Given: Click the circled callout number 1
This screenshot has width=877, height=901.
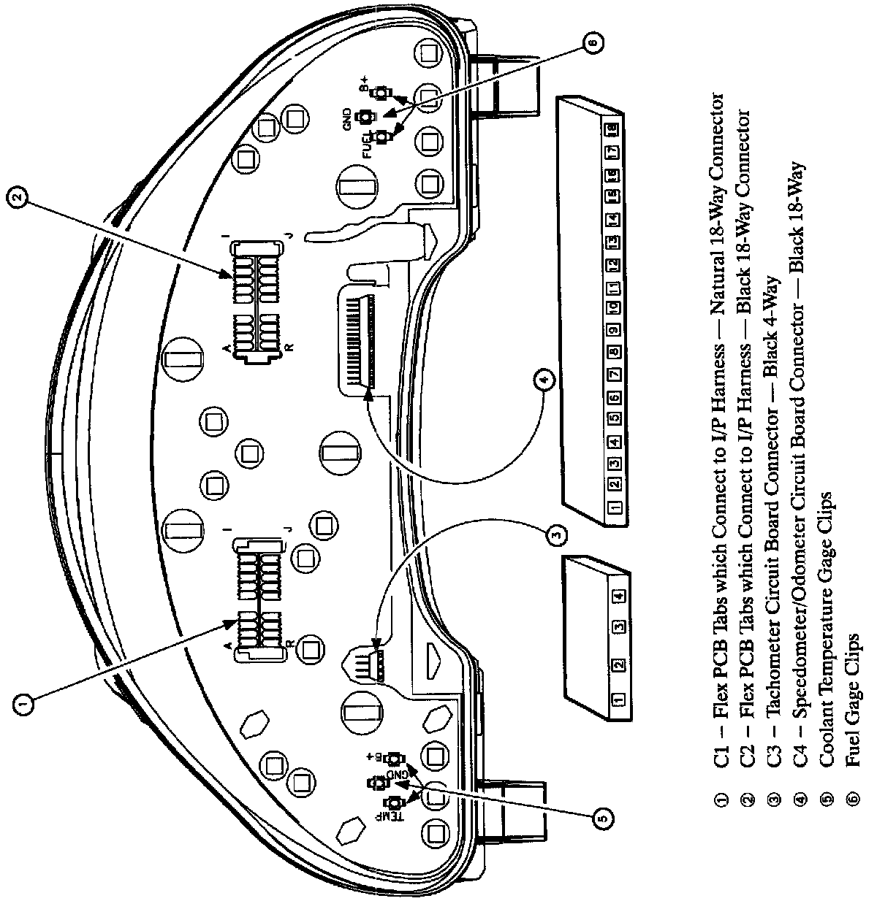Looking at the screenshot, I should (x=23, y=702).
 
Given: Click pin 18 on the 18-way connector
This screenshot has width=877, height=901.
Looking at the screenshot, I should (x=612, y=129).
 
